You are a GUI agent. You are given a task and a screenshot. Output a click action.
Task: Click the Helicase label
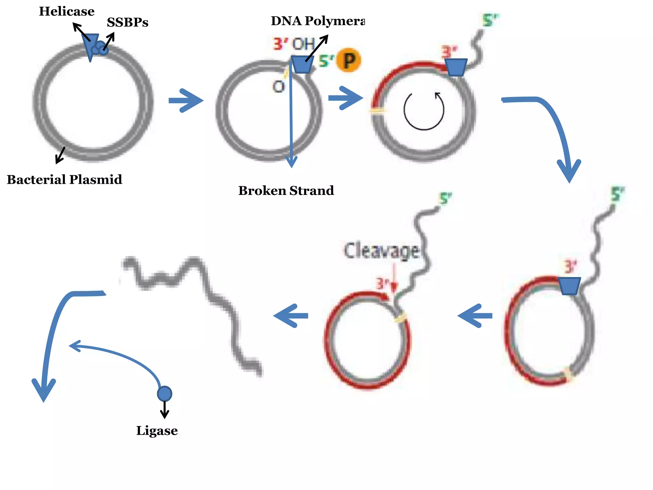(67, 11)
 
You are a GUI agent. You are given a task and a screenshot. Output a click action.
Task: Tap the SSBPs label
(128, 22)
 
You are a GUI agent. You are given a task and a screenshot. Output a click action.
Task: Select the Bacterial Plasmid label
(64, 180)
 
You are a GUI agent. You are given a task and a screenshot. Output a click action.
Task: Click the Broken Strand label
(286, 191)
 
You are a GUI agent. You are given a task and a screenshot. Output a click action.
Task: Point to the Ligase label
(157, 431)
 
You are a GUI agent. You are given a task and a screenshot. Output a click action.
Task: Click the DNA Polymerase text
(318, 21)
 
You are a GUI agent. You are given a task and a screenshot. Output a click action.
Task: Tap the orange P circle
(349, 60)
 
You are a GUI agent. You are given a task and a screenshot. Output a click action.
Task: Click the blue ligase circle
(165, 393)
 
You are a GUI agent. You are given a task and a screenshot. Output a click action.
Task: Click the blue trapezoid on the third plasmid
(456, 67)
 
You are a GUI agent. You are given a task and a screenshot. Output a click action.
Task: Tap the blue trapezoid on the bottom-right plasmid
(569, 286)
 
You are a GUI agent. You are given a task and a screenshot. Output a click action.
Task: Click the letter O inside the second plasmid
(278, 87)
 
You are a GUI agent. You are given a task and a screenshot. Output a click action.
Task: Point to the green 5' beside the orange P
(326, 61)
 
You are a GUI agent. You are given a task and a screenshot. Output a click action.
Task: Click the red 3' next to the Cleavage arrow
(382, 283)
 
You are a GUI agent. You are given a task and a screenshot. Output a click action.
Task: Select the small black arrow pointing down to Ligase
(165, 410)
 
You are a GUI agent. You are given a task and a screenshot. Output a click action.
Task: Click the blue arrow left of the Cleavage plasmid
(291, 316)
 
